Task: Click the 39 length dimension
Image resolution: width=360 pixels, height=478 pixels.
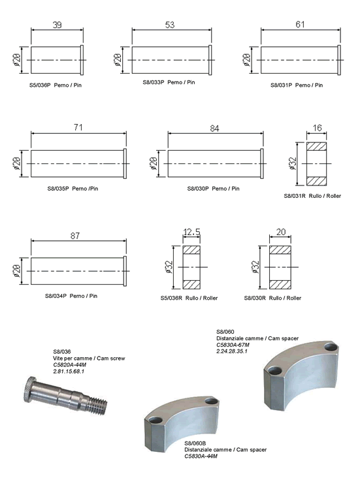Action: tap(57, 25)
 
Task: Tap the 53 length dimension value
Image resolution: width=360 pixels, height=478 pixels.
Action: tap(170, 25)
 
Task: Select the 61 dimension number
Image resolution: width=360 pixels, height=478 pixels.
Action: tap(300, 24)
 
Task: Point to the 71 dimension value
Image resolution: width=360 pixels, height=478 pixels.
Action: tap(78, 127)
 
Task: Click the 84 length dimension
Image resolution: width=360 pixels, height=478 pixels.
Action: tap(214, 129)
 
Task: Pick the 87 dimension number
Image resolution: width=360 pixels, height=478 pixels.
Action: tap(75, 236)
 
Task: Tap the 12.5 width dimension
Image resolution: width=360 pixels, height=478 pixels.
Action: tap(191, 232)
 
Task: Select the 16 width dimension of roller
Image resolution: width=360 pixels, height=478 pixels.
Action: tap(317, 128)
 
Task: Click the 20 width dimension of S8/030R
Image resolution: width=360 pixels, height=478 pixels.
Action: tap(281, 232)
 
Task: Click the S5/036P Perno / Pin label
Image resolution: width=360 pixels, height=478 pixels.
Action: tap(56, 86)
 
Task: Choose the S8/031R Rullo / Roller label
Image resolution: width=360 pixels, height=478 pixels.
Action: tap(312, 196)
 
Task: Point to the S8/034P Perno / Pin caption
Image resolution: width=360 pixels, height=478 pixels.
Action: tap(71, 296)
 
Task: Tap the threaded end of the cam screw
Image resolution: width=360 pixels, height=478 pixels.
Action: tap(97, 405)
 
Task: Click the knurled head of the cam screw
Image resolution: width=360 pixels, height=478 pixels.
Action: tap(29, 389)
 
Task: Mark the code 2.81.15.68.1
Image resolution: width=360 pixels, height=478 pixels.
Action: tap(69, 372)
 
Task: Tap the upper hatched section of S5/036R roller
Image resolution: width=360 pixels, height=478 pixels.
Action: tap(191, 249)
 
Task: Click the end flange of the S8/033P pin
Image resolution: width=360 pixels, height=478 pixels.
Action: tap(210, 60)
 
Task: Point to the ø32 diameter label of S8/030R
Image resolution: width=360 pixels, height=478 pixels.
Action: tap(255, 267)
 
